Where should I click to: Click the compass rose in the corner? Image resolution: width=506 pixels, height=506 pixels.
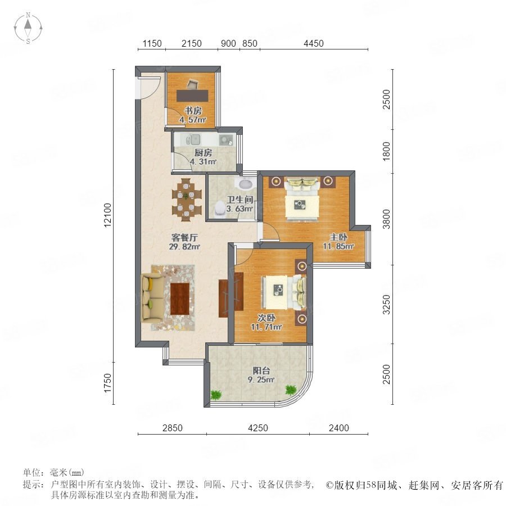(x=28, y=28)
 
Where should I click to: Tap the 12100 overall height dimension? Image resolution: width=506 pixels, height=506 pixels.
(x=107, y=215)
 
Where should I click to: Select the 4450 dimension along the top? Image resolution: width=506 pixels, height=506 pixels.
(x=313, y=43)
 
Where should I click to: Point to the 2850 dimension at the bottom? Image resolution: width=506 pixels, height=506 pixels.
(x=173, y=428)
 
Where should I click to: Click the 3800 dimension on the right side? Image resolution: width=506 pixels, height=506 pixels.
(x=386, y=219)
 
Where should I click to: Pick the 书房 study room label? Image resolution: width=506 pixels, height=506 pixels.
(x=193, y=111)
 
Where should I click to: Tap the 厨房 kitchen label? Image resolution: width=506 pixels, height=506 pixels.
(x=203, y=152)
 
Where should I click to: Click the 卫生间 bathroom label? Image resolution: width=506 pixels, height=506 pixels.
(x=240, y=200)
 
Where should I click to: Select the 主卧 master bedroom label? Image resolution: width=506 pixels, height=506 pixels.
(x=338, y=237)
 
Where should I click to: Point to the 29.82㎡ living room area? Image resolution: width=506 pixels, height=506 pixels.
(x=184, y=247)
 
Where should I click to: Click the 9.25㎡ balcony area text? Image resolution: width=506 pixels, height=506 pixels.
(x=261, y=380)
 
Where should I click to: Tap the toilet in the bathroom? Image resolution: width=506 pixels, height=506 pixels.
(x=220, y=209)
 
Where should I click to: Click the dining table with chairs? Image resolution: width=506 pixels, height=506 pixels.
(x=187, y=200)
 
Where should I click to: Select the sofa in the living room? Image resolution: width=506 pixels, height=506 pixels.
(x=152, y=297)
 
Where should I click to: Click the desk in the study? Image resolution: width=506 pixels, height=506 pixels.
(x=192, y=96)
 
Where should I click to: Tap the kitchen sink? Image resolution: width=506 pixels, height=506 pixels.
(x=195, y=140)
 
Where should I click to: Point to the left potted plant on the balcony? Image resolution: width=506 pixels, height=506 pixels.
(x=215, y=394)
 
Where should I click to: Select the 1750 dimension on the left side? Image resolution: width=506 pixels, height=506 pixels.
(x=107, y=383)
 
